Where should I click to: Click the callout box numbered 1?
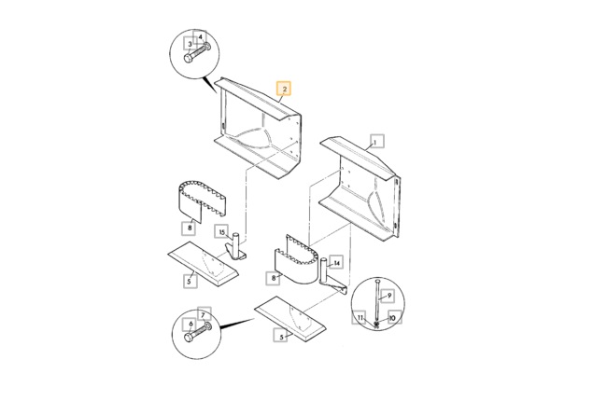[x=377, y=141]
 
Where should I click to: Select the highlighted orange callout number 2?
[x=283, y=89]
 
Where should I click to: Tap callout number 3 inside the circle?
[x=190, y=44]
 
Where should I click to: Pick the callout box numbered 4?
[x=200, y=37]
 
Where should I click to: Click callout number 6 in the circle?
[x=190, y=325]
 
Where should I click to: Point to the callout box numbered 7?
[x=204, y=314]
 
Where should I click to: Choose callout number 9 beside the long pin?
[x=388, y=296]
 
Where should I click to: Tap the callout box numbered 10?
[x=394, y=318]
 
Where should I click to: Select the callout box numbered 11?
[x=360, y=317]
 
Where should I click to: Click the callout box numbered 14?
[x=336, y=263]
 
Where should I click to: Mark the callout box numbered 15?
[x=222, y=232]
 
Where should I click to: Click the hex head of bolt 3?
[x=188, y=59]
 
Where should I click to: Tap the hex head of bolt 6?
[x=189, y=337]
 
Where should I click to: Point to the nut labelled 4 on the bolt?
[x=207, y=47]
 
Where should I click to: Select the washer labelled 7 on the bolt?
[x=208, y=325]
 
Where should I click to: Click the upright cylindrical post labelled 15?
[x=235, y=242]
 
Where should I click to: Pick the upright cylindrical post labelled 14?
[x=324, y=270]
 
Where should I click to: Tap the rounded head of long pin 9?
[x=377, y=282]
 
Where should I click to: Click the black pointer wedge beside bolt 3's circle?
[x=210, y=85]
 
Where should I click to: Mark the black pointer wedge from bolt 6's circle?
[x=237, y=324]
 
